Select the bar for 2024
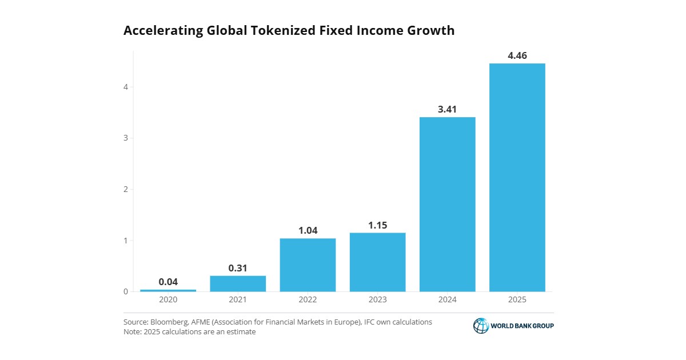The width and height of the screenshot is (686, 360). click(448, 204)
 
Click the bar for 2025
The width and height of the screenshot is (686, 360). click(517, 177)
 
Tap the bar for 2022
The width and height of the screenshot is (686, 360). click(308, 265)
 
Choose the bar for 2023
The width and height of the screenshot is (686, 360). click(377, 262)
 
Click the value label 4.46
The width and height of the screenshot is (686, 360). click(517, 55)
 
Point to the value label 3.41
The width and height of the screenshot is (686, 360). click(448, 109)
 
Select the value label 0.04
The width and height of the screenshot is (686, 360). click(168, 282)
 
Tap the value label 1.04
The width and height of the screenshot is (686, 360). click(308, 230)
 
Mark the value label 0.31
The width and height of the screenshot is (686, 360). click(238, 268)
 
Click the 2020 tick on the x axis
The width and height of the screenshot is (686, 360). click(168, 300)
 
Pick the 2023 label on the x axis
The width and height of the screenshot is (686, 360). click(377, 300)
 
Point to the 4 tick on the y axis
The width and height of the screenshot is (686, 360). click(125, 87)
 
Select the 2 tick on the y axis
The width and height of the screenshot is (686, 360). click(125, 189)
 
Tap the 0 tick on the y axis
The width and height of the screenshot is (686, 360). click(125, 291)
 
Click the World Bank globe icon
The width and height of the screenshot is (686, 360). click(481, 326)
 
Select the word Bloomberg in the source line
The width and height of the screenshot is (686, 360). click(168, 322)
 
